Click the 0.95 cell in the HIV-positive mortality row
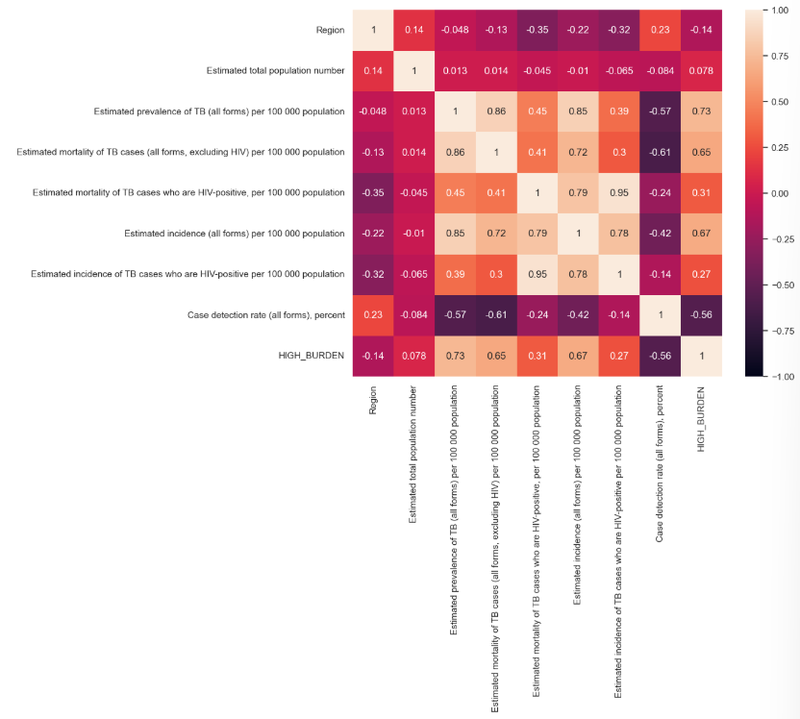click(x=619, y=192)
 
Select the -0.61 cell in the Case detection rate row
click(x=497, y=314)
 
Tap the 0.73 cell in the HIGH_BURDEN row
click(x=456, y=355)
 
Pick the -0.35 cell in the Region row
click(x=537, y=30)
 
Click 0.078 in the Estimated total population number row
click(x=701, y=71)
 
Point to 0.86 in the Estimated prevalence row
click(x=497, y=112)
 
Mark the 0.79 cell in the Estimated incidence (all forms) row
click(x=537, y=234)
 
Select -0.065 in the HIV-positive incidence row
click(x=415, y=274)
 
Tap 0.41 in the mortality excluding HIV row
click(x=537, y=152)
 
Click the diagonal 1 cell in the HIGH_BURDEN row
click(x=701, y=355)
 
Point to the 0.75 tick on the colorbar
click(x=777, y=56)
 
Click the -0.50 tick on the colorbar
click(x=778, y=285)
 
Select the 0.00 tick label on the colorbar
click(x=777, y=193)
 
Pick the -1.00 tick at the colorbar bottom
click(x=778, y=376)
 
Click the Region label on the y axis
click(x=330, y=30)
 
